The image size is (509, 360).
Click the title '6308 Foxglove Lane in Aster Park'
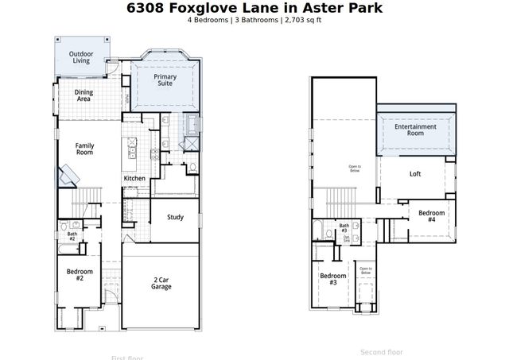(254, 8)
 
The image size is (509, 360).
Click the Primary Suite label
(165, 81)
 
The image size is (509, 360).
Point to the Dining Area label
(84, 96)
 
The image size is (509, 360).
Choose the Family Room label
(84, 149)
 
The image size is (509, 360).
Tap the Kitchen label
(134, 179)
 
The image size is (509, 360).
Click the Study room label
(176, 217)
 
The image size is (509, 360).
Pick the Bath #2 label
(72, 236)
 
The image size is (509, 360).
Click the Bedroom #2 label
(80, 275)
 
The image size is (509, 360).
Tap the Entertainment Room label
(415, 130)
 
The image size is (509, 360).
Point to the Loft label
(415, 174)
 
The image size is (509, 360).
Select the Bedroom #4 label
(432, 215)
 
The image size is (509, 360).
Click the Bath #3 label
(344, 227)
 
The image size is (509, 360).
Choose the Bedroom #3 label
(332, 279)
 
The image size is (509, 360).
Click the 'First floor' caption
(127, 357)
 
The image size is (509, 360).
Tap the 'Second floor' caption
(382, 351)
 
